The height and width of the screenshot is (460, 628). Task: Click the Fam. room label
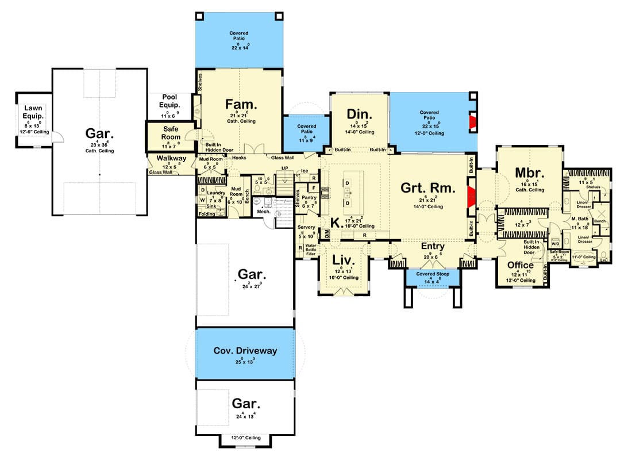240,104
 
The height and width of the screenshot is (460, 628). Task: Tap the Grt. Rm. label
428,187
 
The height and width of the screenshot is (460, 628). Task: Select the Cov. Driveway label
245,351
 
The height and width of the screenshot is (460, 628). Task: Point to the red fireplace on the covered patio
473,122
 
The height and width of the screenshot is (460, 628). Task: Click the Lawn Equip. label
34,112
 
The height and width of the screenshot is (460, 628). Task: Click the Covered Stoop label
433,274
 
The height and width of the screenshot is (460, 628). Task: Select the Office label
520,265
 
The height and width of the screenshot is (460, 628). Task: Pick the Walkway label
163,159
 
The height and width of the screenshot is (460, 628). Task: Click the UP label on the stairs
284,168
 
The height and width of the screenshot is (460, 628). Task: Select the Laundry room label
215,193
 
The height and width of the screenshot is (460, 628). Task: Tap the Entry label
432,246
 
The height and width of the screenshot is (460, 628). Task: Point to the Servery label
306,228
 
